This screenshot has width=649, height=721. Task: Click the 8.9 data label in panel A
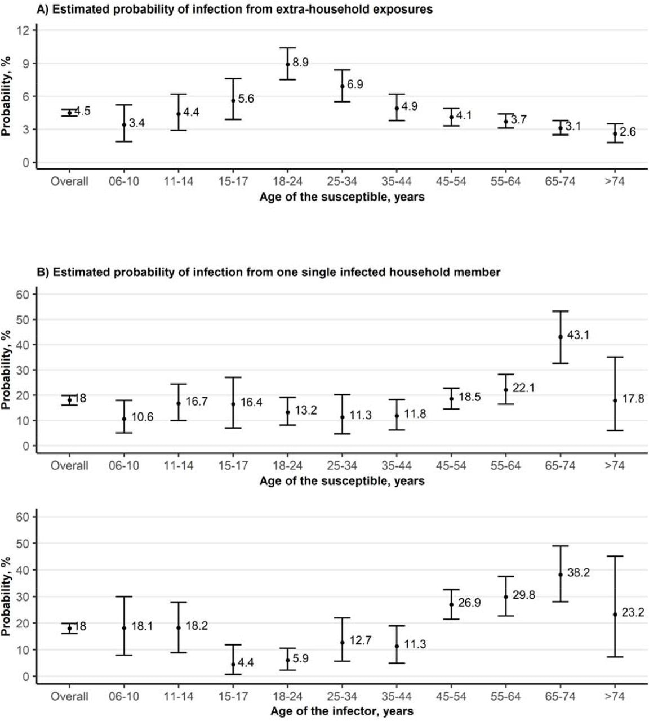click(x=301, y=63)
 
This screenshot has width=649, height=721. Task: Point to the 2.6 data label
click(x=628, y=132)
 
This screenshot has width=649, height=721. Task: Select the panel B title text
click(x=269, y=272)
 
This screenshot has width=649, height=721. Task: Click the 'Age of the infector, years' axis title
click(x=341, y=711)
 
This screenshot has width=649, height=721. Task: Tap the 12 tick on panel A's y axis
click(x=23, y=30)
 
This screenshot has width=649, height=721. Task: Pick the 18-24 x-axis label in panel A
click(x=287, y=181)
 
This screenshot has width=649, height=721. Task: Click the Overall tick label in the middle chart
click(x=69, y=466)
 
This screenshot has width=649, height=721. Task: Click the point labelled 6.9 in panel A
click(x=342, y=86)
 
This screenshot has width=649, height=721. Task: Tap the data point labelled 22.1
click(x=506, y=390)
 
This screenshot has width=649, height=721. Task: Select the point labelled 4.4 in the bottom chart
click(x=233, y=664)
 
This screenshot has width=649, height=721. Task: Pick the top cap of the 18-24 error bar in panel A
click(x=287, y=48)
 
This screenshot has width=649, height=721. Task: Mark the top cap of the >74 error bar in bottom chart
click(x=615, y=557)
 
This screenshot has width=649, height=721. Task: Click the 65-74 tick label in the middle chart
click(x=561, y=466)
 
